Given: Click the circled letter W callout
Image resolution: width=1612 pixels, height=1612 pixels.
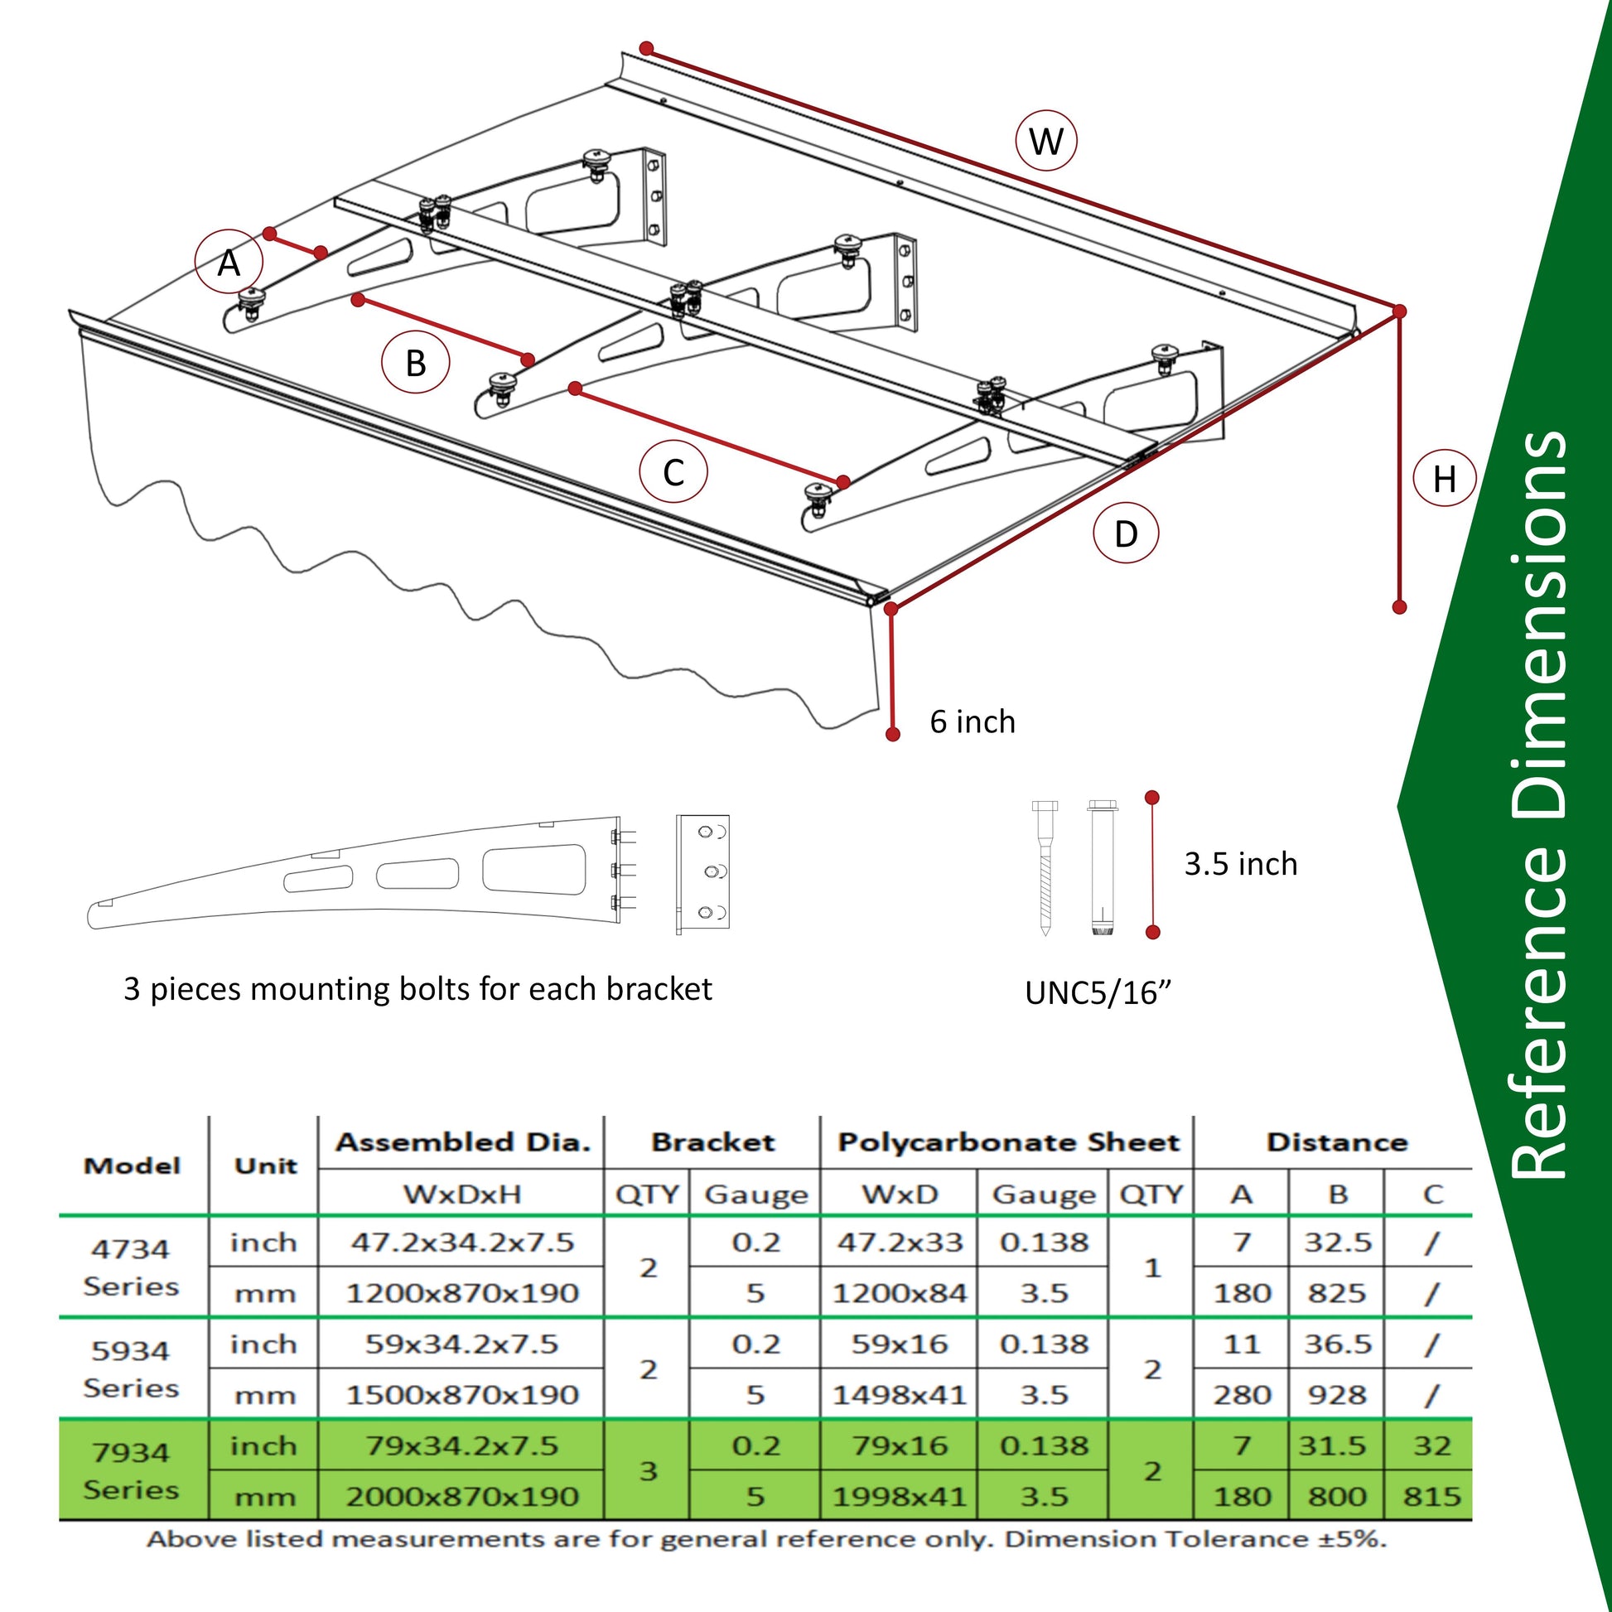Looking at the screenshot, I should (1045, 140).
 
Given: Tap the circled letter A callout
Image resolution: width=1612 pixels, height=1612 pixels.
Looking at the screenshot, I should (229, 263).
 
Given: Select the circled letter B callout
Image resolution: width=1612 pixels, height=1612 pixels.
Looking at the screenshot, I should (415, 363).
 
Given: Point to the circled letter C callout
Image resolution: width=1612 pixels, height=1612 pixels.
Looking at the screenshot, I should (673, 472).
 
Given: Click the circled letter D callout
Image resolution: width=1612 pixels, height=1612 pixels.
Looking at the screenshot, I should (1126, 533).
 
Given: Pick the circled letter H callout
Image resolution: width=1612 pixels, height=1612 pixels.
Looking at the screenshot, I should (1445, 479).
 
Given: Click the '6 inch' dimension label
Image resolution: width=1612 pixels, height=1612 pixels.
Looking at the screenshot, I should (972, 722).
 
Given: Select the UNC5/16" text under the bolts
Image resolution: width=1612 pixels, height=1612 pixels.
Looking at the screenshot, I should (1098, 993).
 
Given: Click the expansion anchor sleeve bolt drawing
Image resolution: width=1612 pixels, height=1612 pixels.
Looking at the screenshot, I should (1103, 868).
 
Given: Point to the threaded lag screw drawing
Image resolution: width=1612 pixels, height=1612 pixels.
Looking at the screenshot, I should (1045, 868).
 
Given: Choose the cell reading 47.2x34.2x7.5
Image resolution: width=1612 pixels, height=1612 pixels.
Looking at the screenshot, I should (461, 1243).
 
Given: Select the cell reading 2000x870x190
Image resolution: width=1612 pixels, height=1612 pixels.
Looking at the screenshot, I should (461, 1496).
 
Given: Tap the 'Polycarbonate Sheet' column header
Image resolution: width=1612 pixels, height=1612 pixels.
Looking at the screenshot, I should (1008, 1142).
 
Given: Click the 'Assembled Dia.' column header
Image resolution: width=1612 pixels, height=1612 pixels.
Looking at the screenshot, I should (462, 1142).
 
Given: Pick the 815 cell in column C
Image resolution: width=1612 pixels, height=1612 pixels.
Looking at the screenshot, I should (1431, 1496).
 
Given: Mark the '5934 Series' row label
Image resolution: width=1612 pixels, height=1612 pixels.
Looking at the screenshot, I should (132, 1368).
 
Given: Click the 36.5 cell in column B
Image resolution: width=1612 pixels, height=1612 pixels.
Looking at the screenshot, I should (1338, 1344).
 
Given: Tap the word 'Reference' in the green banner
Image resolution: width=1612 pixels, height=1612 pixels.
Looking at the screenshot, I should (1540, 1026).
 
